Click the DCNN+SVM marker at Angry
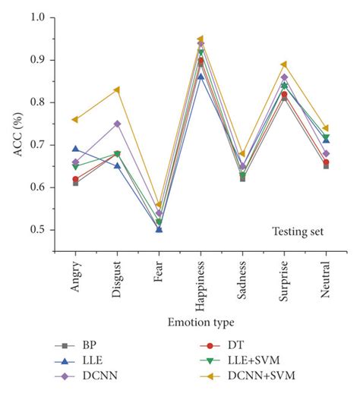pyautogui.click(x=75, y=119)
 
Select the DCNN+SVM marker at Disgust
pyautogui.click(x=117, y=90)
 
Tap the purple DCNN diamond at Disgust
pyautogui.click(x=117, y=124)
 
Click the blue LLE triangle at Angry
pyautogui.click(x=75, y=149)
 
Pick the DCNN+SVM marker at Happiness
pyautogui.click(x=201, y=39)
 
